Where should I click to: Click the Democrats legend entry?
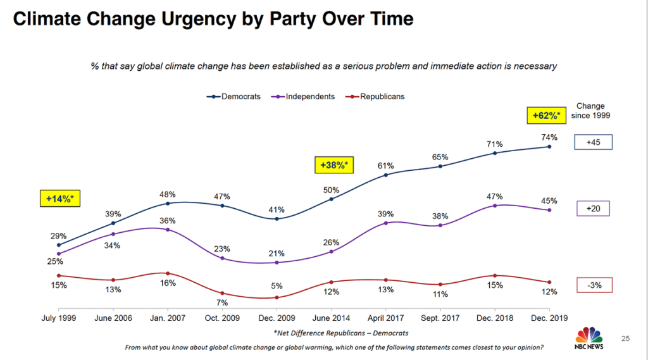pyautogui.click(x=234, y=97)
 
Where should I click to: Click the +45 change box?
pyautogui.click(x=594, y=142)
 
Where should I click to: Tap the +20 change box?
pyautogui.click(x=594, y=208)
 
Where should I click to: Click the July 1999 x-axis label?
pyautogui.click(x=58, y=318)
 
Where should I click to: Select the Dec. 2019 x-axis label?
pyautogui.click(x=549, y=318)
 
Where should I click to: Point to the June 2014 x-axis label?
pyautogui.click(x=331, y=318)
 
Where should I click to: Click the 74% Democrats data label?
pyautogui.click(x=549, y=137)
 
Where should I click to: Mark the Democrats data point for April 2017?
pyautogui.click(x=385, y=175)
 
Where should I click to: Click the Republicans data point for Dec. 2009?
pyautogui.click(x=277, y=297)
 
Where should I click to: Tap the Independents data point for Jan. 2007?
pyautogui.click(x=167, y=230)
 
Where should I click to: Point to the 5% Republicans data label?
pyautogui.click(x=277, y=285)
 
